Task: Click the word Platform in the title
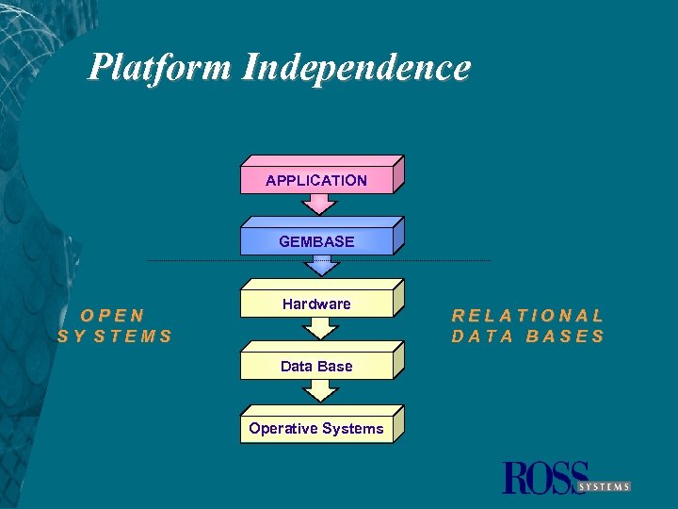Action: point(160,68)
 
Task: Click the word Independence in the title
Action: point(356,68)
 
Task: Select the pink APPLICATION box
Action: point(316,180)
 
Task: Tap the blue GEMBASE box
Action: point(316,241)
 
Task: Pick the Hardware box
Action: point(316,304)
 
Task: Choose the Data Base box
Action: point(316,366)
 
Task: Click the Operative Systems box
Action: point(316,429)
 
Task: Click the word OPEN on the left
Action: point(113,316)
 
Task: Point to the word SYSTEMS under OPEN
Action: point(115,336)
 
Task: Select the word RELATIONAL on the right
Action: point(527,316)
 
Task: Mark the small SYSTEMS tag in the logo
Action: point(604,486)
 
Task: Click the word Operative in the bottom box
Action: point(282,429)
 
